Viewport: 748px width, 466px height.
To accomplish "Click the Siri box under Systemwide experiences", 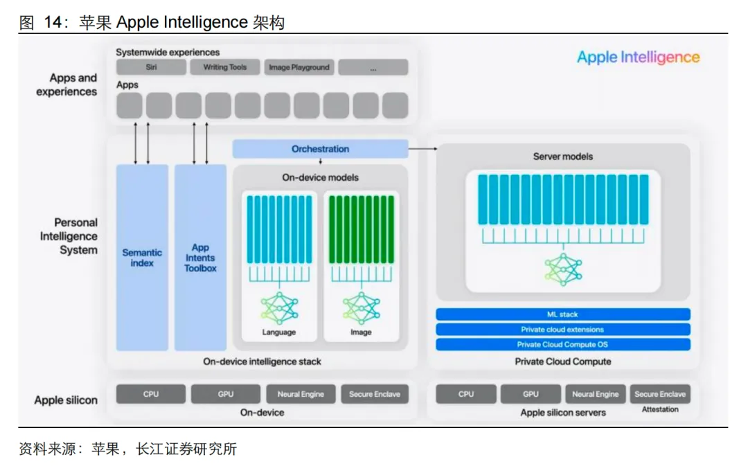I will click(x=151, y=67).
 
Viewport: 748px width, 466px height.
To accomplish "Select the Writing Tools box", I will click(x=225, y=67).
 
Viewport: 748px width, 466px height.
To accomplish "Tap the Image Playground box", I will click(x=299, y=67).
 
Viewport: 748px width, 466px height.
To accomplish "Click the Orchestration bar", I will click(x=320, y=149).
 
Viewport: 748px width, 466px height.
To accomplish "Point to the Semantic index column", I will click(x=142, y=258).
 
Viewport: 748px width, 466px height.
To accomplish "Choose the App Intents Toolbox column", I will click(x=200, y=258).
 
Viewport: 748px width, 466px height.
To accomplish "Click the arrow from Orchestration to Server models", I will click(x=422, y=148).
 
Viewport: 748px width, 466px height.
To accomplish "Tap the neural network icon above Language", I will click(x=279, y=308).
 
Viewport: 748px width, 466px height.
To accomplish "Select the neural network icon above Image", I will click(x=361, y=308).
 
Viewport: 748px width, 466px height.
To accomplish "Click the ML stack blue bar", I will click(x=562, y=314).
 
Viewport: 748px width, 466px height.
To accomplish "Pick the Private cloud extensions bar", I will click(x=562, y=330).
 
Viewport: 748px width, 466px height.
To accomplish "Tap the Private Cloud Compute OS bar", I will click(x=562, y=344).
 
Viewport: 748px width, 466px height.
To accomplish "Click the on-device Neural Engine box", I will click(x=301, y=394).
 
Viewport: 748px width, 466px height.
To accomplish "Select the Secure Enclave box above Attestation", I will click(x=660, y=394).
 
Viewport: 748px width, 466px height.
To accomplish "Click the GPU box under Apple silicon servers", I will click(x=531, y=394).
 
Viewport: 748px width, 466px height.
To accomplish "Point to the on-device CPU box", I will click(x=151, y=394).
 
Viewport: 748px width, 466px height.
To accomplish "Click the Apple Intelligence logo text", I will click(x=638, y=57).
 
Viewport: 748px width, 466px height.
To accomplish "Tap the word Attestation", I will click(x=660, y=409).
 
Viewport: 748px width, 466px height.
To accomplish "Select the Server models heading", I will click(x=562, y=156).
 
